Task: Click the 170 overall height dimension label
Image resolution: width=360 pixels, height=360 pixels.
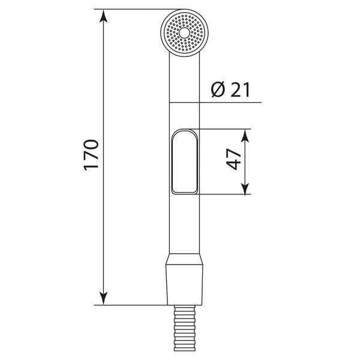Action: pos(91,155)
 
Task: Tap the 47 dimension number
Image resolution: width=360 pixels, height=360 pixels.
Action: pos(234,159)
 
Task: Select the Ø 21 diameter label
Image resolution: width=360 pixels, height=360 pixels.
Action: pos(230,89)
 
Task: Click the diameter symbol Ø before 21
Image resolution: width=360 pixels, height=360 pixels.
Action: pos(218,89)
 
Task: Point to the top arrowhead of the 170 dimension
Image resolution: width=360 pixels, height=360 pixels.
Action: pos(104,16)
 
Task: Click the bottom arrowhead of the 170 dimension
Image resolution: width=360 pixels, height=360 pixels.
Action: pos(104,298)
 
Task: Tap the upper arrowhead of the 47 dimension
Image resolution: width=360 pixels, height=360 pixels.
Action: pos(245,136)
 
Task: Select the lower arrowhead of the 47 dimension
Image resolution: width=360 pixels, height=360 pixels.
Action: pos(245,188)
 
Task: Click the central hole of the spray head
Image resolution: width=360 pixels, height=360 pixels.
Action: pos(184,33)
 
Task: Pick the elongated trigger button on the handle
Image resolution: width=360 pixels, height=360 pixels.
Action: pos(185,161)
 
